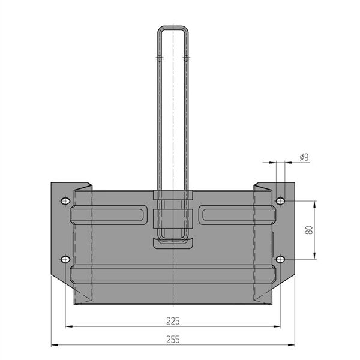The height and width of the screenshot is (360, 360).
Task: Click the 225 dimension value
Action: point(173,321)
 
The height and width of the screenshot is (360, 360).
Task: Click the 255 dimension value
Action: point(173,340)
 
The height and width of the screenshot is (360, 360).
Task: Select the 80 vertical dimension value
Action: point(309,230)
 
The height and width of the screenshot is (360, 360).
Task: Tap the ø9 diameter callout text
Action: point(304,157)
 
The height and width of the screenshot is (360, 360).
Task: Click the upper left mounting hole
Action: point(65,201)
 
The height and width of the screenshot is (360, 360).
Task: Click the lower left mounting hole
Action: point(65,259)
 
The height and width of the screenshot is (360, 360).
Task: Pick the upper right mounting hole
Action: point(280,201)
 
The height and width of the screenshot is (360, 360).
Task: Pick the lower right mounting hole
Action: point(280,259)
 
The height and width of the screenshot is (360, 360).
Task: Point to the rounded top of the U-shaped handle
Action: point(173,27)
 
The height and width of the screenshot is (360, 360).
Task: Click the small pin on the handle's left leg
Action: point(160,59)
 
